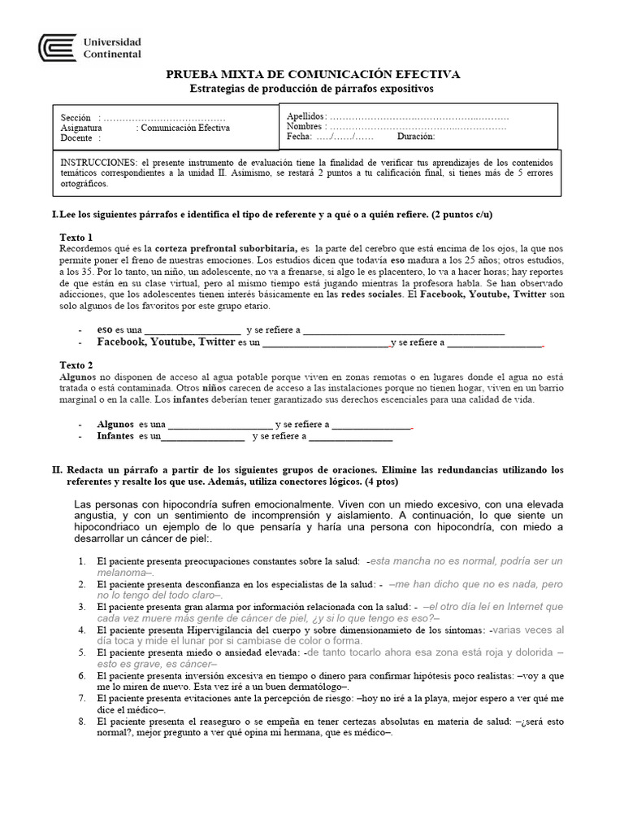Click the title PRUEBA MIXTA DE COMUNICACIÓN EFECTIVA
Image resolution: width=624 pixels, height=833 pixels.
(312, 74)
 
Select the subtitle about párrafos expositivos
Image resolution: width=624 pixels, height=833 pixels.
(312, 88)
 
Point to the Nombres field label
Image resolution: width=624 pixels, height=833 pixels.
(305, 127)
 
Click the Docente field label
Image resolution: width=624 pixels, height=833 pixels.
(76, 138)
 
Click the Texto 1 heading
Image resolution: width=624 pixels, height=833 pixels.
(77, 236)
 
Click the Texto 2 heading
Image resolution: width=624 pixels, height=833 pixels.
(77, 365)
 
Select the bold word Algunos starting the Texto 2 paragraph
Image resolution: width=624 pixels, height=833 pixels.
(78, 377)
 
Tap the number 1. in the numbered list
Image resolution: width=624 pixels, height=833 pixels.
(83, 561)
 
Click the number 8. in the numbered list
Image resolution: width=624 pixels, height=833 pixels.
(83, 721)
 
